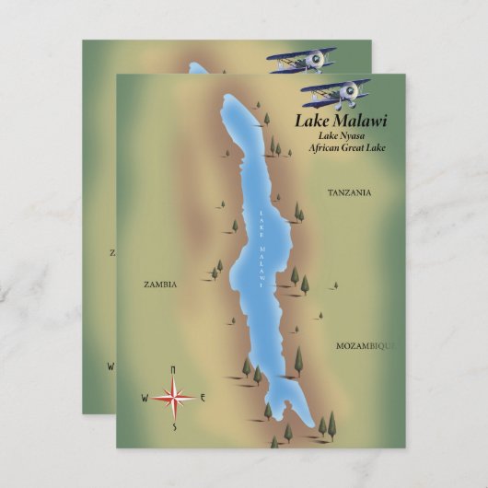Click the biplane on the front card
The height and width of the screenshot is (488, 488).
pyautogui.click(x=336, y=92)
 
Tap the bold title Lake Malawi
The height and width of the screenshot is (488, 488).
pyautogui.click(x=341, y=120)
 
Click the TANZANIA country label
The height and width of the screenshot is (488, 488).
pyautogui.click(x=349, y=192)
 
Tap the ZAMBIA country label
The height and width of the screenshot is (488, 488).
pyautogui.click(x=160, y=285)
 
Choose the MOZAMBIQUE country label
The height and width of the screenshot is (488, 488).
pyautogui.click(x=364, y=345)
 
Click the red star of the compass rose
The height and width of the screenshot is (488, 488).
pyautogui.click(x=173, y=398)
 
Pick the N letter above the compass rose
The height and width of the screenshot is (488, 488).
pyautogui.click(x=173, y=370)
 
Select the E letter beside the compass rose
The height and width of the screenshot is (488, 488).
pyautogui.click(x=203, y=398)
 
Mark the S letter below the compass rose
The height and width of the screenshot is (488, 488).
pyautogui.click(x=173, y=427)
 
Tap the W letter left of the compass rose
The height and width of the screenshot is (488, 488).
pyautogui.click(x=144, y=399)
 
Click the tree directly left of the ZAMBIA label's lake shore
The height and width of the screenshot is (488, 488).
pyautogui.click(x=215, y=273)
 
